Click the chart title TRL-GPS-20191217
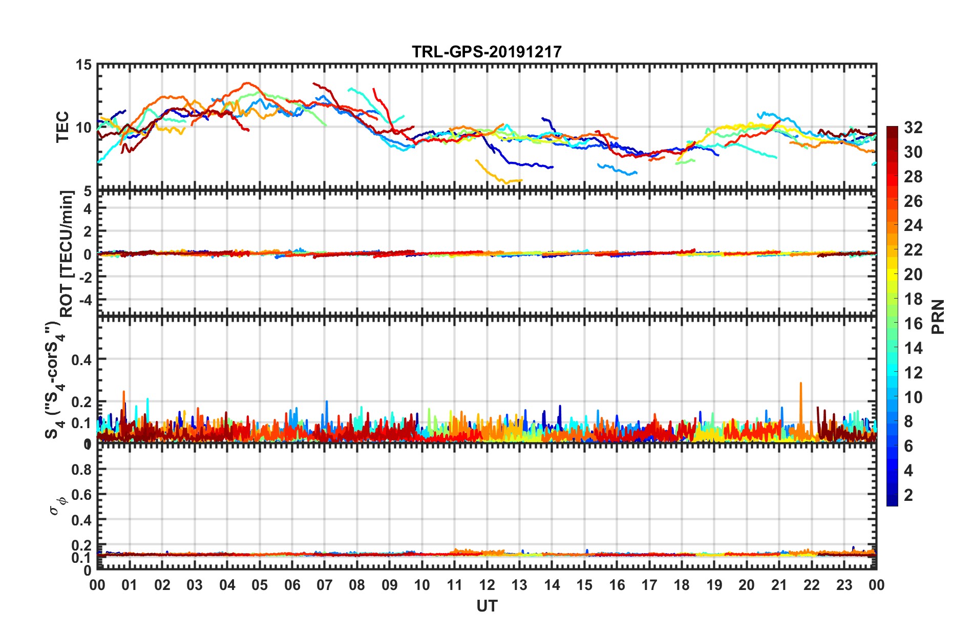(486, 52)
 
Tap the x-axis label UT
(486, 606)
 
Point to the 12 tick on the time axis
(486, 585)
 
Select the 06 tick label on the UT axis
(292, 585)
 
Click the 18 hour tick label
(682, 585)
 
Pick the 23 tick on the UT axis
(844, 585)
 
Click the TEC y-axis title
(62, 127)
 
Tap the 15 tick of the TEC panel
(83, 65)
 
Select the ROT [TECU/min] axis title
(67, 254)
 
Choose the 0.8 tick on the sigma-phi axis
(81, 469)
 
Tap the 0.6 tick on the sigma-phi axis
(81, 494)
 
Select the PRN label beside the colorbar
(938, 316)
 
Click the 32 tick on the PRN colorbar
(913, 128)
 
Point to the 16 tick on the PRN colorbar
(913, 324)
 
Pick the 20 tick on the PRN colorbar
(913, 275)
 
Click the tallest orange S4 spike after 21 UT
(800, 383)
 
